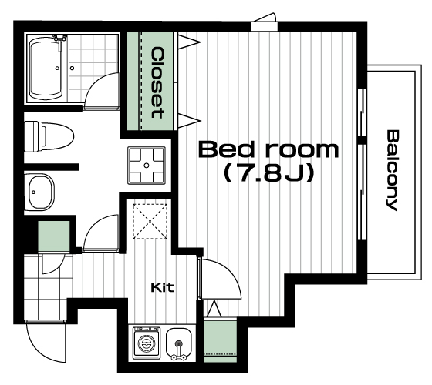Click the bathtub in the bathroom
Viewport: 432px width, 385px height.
[x=46, y=69]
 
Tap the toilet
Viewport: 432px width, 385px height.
[x=49, y=136]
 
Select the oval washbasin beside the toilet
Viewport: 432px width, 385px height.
[x=41, y=192]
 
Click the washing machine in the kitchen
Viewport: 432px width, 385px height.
[x=147, y=343]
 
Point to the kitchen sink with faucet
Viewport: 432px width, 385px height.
[x=179, y=343]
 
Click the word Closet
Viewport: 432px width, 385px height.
[x=157, y=82]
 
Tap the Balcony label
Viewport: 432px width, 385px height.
[x=392, y=170]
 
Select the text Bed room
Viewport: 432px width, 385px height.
[x=268, y=149]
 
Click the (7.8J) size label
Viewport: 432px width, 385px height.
[x=269, y=173]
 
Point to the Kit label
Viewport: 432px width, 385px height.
[x=163, y=288]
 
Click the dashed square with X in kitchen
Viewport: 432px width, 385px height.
[x=150, y=222]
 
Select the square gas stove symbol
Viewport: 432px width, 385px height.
[x=147, y=166]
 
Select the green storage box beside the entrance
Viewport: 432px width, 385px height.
[x=54, y=236]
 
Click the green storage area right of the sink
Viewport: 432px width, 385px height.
[x=220, y=340]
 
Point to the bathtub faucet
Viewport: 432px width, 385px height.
[x=60, y=40]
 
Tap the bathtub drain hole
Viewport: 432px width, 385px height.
[x=57, y=68]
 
